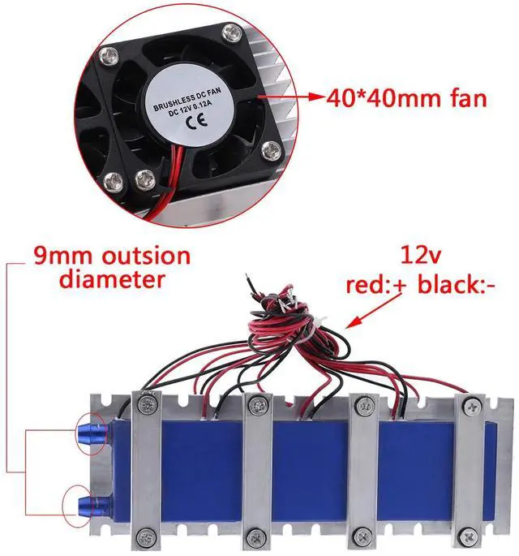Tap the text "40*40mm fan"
407,99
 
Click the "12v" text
421,257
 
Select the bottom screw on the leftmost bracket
147,535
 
